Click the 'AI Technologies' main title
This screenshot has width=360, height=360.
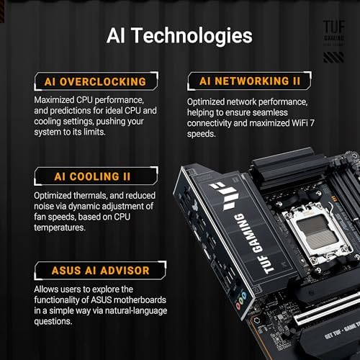[179, 35]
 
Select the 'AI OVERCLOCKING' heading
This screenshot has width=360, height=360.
[90, 81]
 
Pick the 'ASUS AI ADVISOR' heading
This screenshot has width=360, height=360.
[90, 271]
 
